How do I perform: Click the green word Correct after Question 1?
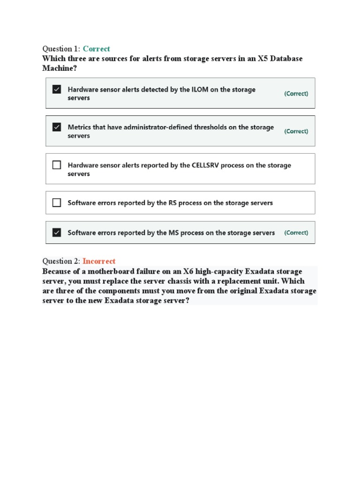[x=96, y=49]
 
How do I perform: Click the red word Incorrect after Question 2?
[x=99, y=261]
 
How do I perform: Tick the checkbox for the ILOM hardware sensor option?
[x=57, y=89]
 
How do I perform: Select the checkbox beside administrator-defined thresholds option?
[x=57, y=127]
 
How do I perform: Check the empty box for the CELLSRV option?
[x=57, y=165]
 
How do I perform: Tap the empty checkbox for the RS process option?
[x=57, y=202]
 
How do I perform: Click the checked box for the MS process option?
[x=57, y=232]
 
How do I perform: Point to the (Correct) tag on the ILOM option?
[x=296, y=94]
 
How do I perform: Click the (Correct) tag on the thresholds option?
[x=296, y=131]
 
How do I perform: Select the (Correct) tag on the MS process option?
[x=296, y=232]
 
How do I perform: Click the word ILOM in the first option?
[x=198, y=90]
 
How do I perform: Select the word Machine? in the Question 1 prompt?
[x=59, y=68]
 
